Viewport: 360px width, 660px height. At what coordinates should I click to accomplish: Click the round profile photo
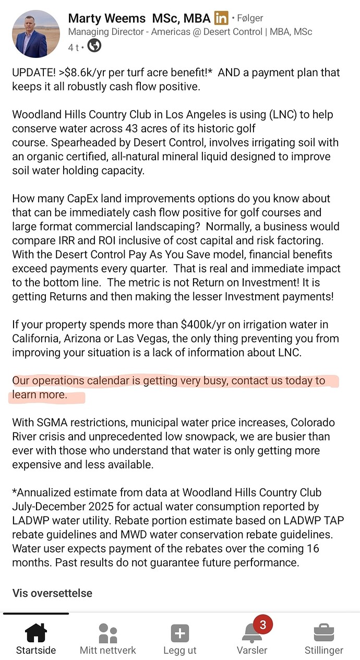[x=36, y=33]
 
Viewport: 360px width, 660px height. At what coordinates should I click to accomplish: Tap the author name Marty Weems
[x=106, y=19]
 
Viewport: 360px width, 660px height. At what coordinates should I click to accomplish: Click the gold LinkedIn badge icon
[x=221, y=19]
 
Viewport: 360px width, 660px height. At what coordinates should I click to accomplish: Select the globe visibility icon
[x=94, y=46]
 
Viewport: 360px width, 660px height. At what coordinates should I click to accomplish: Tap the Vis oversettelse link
[x=52, y=593]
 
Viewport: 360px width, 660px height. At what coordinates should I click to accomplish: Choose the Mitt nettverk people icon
[x=107, y=633]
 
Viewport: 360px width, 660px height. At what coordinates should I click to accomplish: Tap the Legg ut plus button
[x=179, y=633]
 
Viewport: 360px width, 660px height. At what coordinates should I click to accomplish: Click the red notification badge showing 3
[x=262, y=625]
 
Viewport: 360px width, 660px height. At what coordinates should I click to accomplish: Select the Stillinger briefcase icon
[x=323, y=633]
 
